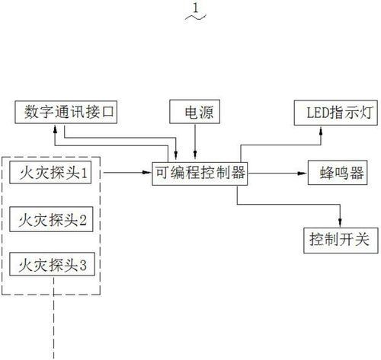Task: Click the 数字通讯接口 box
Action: click(66, 112)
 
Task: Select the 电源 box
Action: click(195, 112)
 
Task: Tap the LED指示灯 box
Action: click(336, 113)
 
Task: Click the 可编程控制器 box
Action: click(200, 174)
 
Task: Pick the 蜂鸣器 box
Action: click(338, 173)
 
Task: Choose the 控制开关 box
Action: click(341, 241)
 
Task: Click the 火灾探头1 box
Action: click(50, 172)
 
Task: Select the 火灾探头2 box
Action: click(51, 219)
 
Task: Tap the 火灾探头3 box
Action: click(52, 264)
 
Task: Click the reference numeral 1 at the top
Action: click(195, 8)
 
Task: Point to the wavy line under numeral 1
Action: click(196, 17)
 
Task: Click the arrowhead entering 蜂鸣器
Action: click(303, 173)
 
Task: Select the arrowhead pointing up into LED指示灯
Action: click(321, 130)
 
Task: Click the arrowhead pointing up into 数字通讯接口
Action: click(55, 129)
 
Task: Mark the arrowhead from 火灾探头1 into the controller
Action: click(147, 173)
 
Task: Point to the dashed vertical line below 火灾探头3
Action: click(53, 318)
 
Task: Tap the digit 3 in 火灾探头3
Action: click(83, 266)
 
